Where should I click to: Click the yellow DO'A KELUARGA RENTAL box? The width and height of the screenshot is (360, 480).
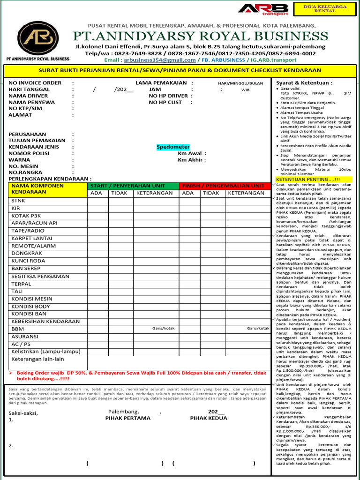[x=324, y=9]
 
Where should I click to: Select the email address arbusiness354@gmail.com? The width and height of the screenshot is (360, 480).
[x=157, y=60]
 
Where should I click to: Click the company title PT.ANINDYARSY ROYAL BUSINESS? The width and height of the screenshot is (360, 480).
[x=201, y=37]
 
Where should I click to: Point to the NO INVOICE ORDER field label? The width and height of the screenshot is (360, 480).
[x=35, y=83]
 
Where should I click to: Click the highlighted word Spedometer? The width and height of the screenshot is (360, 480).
[x=173, y=147]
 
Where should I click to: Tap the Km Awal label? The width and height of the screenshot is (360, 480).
[x=192, y=153]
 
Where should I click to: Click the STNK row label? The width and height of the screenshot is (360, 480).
[x=19, y=201]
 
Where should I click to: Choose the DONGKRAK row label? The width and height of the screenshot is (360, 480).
[x=27, y=253]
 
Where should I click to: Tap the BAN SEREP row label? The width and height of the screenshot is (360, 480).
[x=26, y=269]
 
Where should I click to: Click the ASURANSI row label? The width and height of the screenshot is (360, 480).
[x=25, y=337]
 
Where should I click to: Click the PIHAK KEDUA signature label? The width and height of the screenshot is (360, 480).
[x=209, y=418]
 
